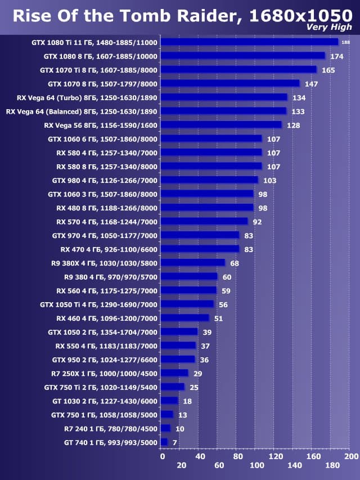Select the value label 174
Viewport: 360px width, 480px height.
[337, 56]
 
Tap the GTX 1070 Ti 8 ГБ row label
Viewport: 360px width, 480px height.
[99, 70]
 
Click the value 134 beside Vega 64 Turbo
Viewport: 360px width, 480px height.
[299, 97]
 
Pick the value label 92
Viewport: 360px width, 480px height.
[257, 222]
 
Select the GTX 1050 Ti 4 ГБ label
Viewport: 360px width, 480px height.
[99, 304]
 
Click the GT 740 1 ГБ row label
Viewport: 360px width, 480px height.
[111, 442]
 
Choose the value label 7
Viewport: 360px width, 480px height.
[174, 442]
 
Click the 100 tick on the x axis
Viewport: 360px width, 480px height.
[256, 465]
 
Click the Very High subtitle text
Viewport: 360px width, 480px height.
[329, 28]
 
